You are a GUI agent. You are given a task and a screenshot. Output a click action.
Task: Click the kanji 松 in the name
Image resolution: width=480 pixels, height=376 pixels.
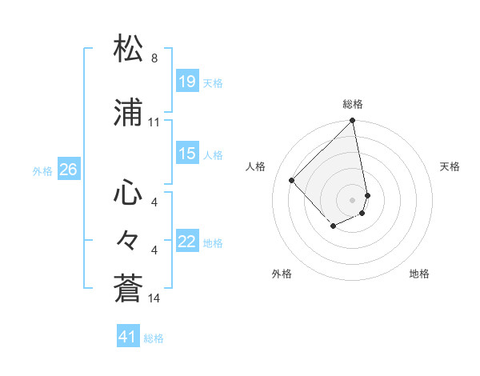[x=129, y=49]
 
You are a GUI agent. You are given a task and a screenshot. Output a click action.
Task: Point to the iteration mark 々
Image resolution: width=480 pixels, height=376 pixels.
[x=129, y=239]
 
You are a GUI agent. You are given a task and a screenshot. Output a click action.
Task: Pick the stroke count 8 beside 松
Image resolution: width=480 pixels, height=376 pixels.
[x=154, y=58]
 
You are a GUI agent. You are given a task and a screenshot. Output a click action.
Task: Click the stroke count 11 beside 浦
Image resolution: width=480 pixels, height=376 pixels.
[x=154, y=122]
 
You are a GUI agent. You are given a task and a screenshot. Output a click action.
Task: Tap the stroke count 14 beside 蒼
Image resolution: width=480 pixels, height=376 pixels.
[x=154, y=298]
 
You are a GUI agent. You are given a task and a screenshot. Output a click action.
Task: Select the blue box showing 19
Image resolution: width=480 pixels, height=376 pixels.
[x=186, y=82]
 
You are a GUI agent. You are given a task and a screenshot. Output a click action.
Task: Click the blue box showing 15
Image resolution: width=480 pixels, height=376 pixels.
[x=186, y=154]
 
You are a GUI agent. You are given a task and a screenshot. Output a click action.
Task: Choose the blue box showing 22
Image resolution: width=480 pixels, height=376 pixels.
[x=186, y=242]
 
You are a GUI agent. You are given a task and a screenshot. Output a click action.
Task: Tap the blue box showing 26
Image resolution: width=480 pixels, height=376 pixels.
[x=68, y=170]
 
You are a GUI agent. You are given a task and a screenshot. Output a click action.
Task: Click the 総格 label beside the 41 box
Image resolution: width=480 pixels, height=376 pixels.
[x=154, y=338]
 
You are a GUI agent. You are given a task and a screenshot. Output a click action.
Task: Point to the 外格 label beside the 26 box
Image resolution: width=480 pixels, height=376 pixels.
[x=42, y=170]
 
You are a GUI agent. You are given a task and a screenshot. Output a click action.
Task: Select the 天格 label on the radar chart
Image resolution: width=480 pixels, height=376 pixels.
[x=450, y=166]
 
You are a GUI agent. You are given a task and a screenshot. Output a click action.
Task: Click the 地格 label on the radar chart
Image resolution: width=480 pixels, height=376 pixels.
[x=419, y=274]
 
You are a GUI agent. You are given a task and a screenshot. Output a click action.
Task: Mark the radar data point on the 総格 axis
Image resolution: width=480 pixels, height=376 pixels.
[x=353, y=122]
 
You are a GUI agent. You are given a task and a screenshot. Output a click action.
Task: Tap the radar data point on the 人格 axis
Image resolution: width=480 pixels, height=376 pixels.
[x=292, y=180]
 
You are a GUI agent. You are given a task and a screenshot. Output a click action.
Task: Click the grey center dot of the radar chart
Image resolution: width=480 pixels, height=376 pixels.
[x=353, y=199]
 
